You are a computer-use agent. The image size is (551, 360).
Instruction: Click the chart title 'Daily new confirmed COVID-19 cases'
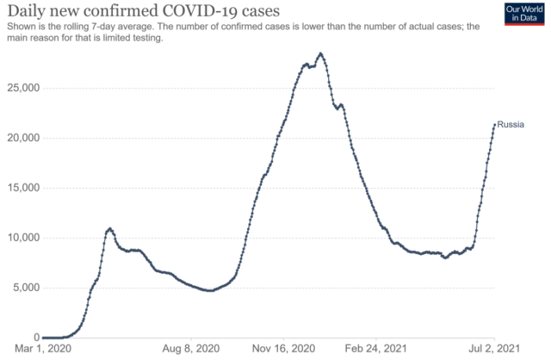142,11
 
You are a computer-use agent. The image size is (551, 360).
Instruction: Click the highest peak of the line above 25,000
320,53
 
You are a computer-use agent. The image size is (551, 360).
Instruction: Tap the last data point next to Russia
494,124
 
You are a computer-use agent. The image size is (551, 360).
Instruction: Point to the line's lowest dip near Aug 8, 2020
210,291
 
